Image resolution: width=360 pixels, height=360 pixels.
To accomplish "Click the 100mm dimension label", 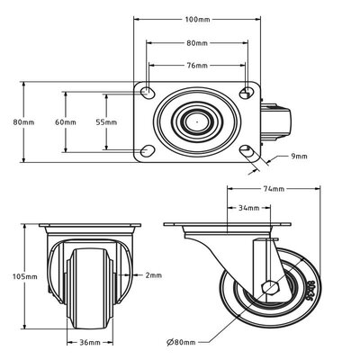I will pos(197,20).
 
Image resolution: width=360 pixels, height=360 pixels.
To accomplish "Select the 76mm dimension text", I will pos(197,65).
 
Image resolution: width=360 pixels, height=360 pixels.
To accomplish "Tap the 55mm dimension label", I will pos(106,121).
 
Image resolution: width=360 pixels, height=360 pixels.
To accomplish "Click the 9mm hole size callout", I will pos(299,156).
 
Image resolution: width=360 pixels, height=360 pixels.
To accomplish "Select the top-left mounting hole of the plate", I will pos(147,94).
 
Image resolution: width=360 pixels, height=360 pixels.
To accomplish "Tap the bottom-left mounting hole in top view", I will pos(147,149).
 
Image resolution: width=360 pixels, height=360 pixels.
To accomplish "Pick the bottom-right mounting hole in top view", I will pos(247,149).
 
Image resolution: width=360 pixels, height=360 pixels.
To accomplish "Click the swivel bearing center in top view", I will pos(197,121).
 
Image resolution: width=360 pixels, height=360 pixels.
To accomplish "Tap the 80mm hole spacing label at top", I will pos(197,42).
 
